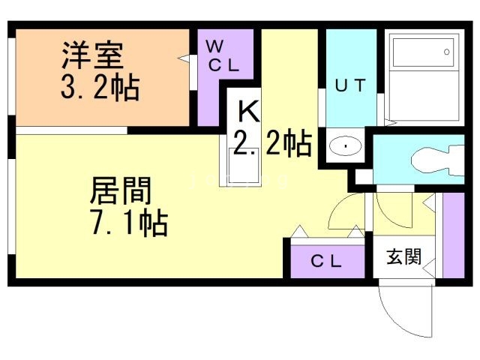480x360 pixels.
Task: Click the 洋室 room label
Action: (x=93, y=55)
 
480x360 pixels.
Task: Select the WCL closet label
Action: (x=223, y=55)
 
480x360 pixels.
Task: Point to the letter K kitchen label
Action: (x=248, y=112)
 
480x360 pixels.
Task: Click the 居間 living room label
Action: (x=121, y=190)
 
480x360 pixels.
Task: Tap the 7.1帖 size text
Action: (x=130, y=222)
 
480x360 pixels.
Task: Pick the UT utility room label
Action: (x=350, y=85)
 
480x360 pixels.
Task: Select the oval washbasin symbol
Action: (x=345, y=145)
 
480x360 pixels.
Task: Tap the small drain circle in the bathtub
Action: (x=447, y=52)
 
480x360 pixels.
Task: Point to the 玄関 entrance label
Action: (x=404, y=256)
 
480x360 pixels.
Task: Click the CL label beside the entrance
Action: (x=326, y=261)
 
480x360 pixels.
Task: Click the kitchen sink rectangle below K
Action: (x=244, y=166)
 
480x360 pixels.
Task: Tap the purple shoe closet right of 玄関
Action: (x=453, y=235)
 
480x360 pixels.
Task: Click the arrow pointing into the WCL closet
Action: (x=184, y=58)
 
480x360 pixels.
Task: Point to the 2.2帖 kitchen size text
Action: (x=272, y=144)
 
